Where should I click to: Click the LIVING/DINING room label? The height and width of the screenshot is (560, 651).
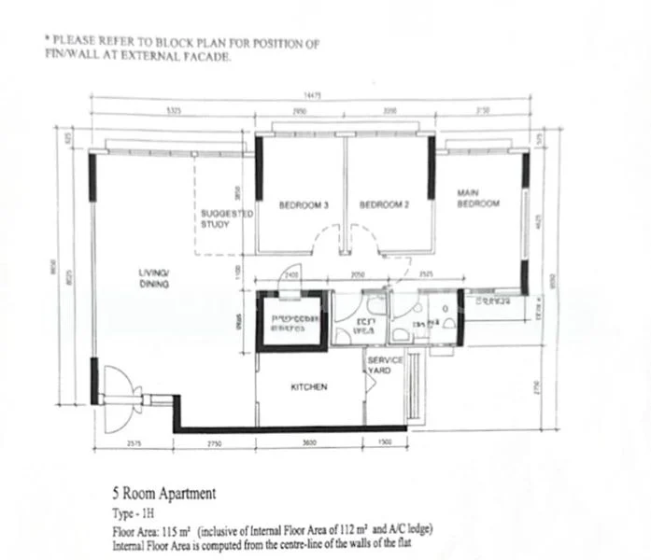tap(153, 278)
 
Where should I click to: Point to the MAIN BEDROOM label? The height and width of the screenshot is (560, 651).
tap(477, 198)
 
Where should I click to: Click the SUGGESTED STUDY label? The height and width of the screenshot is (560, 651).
tap(227, 218)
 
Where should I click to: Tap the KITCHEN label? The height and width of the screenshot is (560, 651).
tap(308, 386)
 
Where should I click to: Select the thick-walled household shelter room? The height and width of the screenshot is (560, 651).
tap(294, 319)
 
